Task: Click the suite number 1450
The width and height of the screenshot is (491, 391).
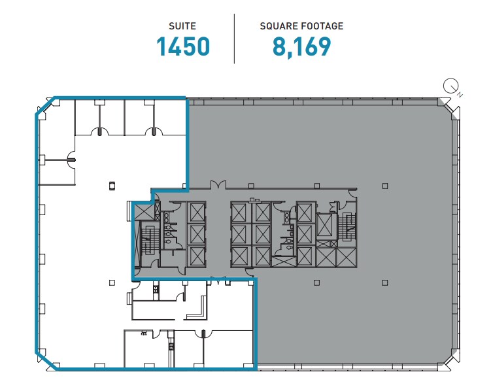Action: [183, 47]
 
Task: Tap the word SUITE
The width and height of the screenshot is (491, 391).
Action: [182, 26]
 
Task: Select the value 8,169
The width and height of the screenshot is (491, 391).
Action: [301, 47]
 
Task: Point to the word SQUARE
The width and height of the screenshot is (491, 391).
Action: [278, 26]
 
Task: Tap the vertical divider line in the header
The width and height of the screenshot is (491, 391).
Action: [234, 39]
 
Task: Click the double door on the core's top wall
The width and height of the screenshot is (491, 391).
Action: [218, 186]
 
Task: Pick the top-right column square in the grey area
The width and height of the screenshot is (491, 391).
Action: [385, 184]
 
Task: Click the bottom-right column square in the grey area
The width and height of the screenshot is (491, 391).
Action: [385, 282]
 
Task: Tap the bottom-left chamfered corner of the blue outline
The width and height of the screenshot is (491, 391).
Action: [45, 360]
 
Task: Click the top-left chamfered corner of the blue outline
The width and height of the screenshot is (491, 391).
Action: [44, 107]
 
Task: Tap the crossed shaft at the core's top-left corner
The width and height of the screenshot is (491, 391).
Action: [144, 211]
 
